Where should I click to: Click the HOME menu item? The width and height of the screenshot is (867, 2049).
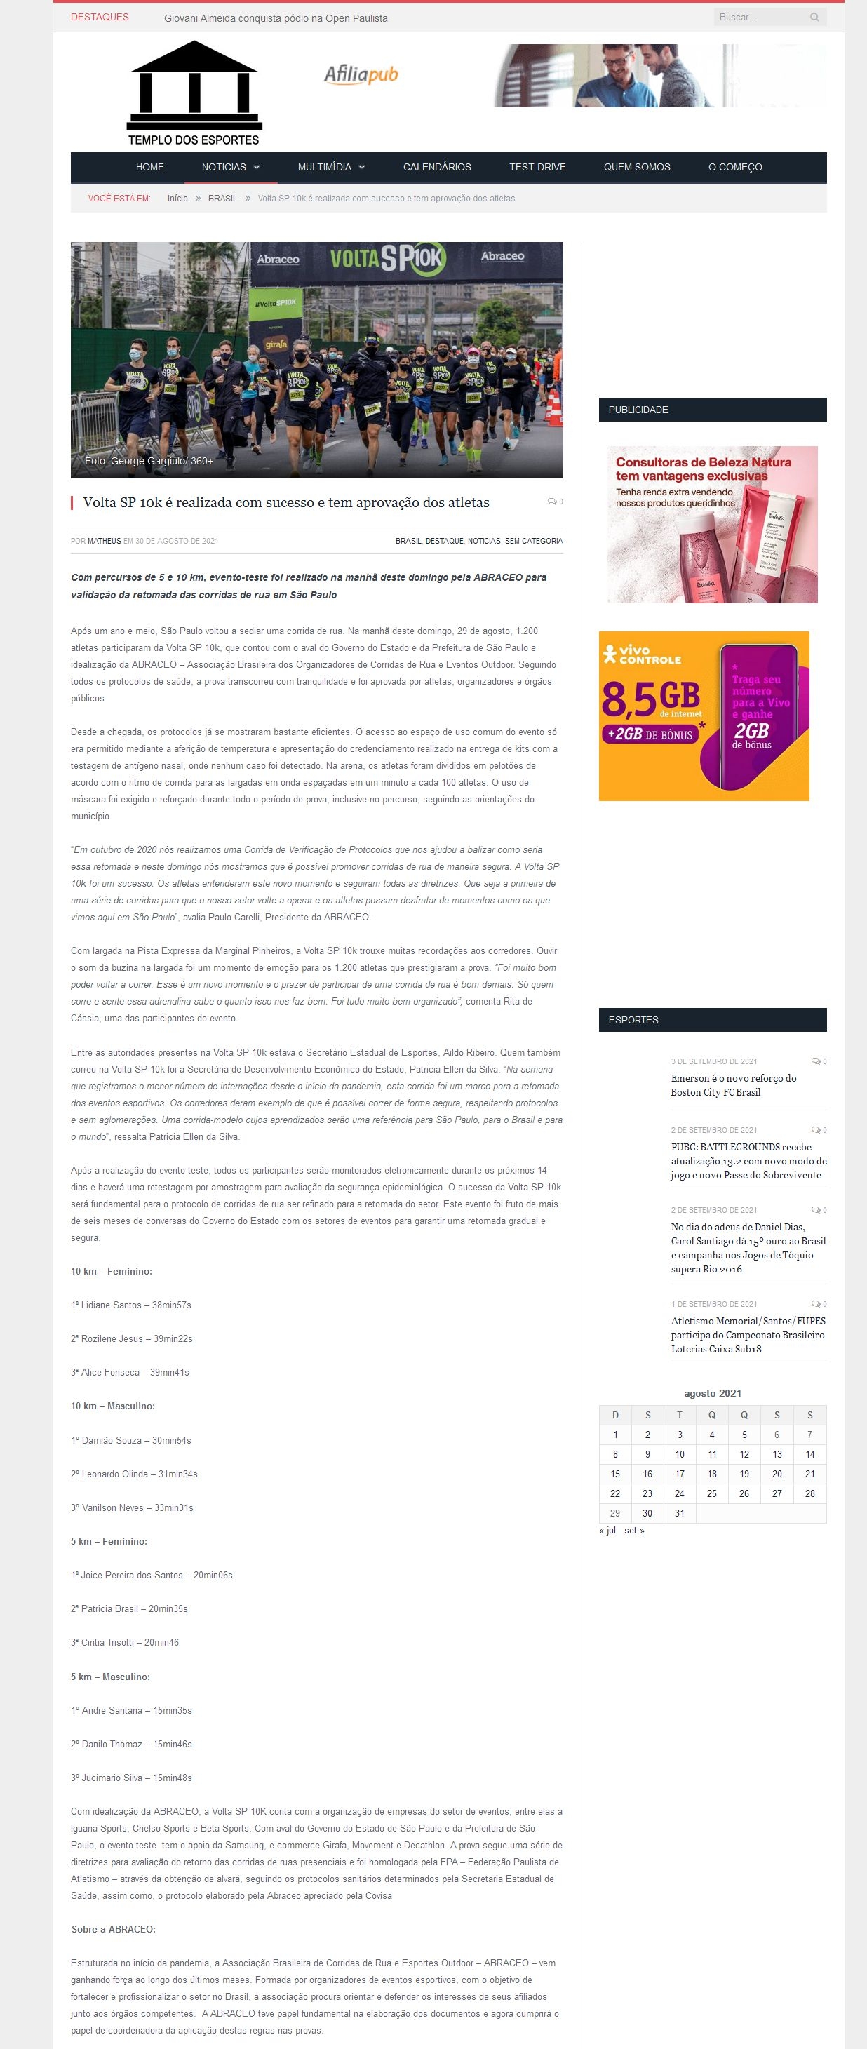pyautogui.click(x=149, y=167)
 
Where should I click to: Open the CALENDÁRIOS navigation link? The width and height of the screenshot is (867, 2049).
pyautogui.click(x=437, y=167)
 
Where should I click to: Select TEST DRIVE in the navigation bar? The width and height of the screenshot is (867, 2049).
pyautogui.click(x=537, y=167)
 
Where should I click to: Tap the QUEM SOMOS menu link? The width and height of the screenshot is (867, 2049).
pyautogui.click(x=636, y=167)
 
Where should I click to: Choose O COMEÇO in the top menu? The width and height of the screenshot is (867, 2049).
pyautogui.click(x=734, y=167)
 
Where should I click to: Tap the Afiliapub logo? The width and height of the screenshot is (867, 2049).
pyautogui.click(x=361, y=75)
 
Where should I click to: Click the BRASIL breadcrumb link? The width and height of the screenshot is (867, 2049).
pyautogui.click(x=223, y=198)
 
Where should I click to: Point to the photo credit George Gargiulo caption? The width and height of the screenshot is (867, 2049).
pyautogui.click(x=149, y=461)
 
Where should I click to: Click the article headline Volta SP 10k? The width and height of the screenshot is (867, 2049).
pyautogui.click(x=286, y=503)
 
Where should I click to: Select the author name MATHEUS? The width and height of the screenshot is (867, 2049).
pyautogui.click(x=105, y=541)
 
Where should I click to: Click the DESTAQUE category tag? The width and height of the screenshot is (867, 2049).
pyautogui.click(x=444, y=541)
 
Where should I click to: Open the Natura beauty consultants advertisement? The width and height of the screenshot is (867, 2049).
pyautogui.click(x=712, y=524)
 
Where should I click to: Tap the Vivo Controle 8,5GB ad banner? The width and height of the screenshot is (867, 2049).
pyautogui.click(x=704, y=716)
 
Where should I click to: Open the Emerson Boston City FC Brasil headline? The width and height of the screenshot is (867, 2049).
pyautogui.click(x=732, y=1085)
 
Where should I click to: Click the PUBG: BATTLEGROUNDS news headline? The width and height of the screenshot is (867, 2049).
pyautogui.click(x=748, y=1160)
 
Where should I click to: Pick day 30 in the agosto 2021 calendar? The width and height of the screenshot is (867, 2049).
pyautogui.click(x=647, y=1513)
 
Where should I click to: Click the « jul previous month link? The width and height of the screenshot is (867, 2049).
pyautogui.click(x=607, y=1531)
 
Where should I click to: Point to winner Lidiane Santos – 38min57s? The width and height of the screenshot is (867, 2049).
pyautogui.click(x=131, y=1305)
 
